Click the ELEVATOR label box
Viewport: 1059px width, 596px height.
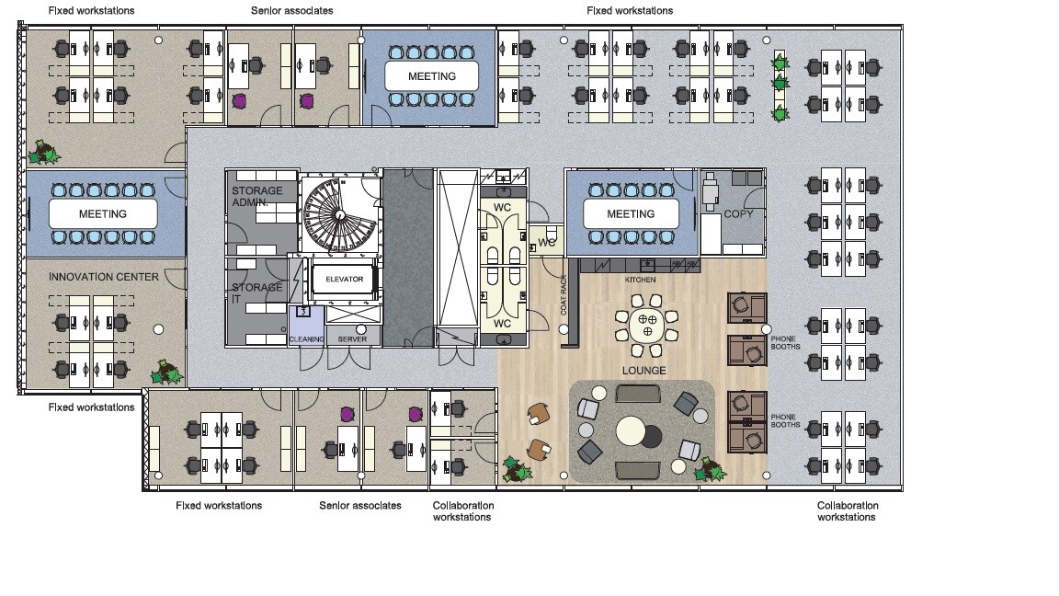pos(345,279)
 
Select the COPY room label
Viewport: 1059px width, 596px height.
pos(738,213)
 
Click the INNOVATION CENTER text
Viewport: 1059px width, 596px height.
pos(103,277)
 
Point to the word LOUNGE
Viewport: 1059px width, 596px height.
pos(643,371)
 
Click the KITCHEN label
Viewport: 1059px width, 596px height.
pos(640,280)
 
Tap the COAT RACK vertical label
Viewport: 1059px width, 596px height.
pos(564,294)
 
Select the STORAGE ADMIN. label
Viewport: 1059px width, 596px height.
pos(256,197)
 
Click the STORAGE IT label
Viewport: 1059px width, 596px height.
pos(256,292)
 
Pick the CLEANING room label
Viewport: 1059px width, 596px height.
pos(307,339)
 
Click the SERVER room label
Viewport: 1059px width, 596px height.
pos(353,339)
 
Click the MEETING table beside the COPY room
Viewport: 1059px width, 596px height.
pos(631,214)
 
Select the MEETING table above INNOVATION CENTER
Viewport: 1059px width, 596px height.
pos(103,214)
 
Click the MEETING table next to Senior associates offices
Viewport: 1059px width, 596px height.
pos(431,76)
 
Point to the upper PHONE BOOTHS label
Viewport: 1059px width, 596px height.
pos(785,342)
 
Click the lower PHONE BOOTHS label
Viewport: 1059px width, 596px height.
pos(785,421)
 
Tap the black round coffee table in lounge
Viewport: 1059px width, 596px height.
pos(652,437)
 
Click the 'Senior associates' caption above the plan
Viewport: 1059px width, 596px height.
pos(291,11)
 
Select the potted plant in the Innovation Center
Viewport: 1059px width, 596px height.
pos(166,372)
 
